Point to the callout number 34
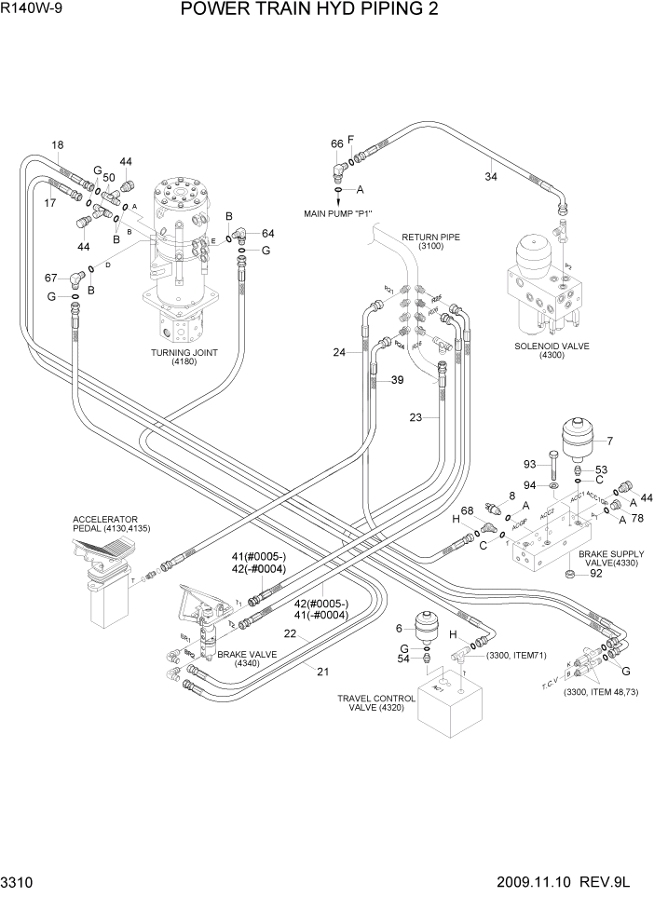click(x=491, y=175)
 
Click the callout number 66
click(x=337, y=144)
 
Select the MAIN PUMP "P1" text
click(x=344, y=213)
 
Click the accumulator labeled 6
click(x=428, y=627)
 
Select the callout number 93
click(x=529, y=464)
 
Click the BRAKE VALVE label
click(x=238, y=659)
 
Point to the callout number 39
click(x=397, y=380)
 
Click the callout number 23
click(x=416, y=417)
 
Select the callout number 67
click(x=51, y=277)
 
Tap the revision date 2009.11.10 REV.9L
click(x=563, y=906)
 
